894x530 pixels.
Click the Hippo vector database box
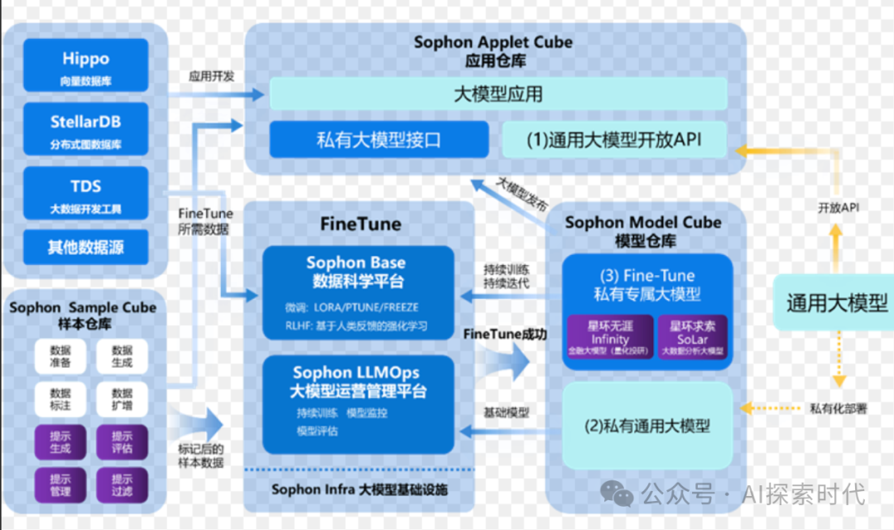point(84,65)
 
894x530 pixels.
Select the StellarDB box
point(84,129)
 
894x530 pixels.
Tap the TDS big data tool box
point(84,193)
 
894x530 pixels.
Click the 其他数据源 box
point(84,247)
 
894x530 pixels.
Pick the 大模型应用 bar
point(497,94)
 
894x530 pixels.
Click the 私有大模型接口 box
point(378,139)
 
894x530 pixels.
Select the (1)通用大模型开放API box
point(613,139)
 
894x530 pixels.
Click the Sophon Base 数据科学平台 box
point(358,293)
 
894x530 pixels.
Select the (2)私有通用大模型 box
point(647,426)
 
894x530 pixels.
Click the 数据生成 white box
point(122,357)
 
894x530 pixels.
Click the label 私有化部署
point(838,408)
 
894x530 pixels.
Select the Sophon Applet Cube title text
point(493,43)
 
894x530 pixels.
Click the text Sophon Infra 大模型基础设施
point(359,489)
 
